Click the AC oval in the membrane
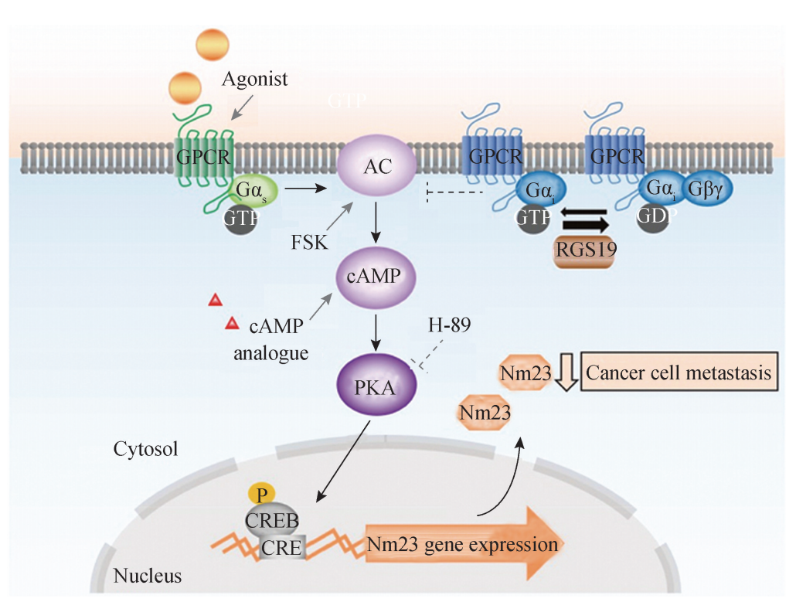[377, 164]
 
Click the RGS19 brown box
[584, 250]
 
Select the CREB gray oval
[272, 520]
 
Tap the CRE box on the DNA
[281, 547]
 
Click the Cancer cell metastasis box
[679, 374]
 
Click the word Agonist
[255, 78]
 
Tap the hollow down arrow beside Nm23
[566, 374]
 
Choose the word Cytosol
[145, 448]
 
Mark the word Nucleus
[148, 576]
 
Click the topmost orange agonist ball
[214, 43]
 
